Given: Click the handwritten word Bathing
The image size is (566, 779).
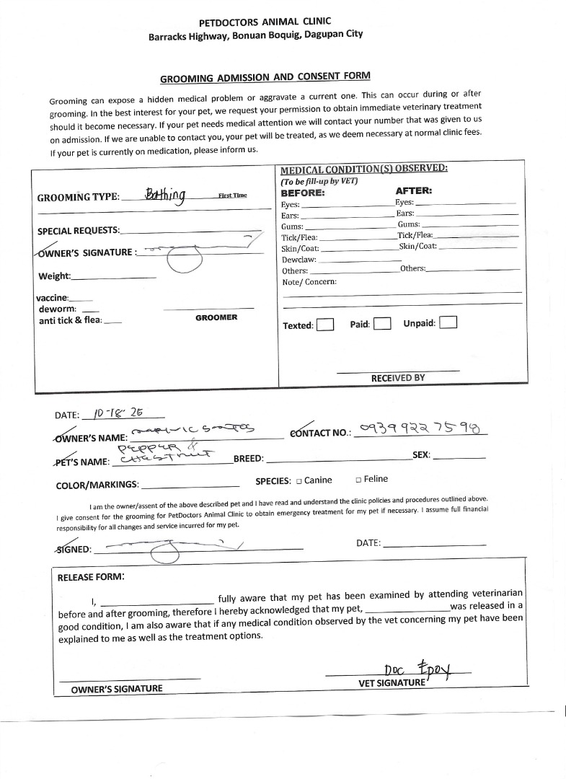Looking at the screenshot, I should pos(166,195).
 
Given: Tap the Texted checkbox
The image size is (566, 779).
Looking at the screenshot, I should pos(325,325).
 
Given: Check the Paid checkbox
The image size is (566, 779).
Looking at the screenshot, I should pos(382,324).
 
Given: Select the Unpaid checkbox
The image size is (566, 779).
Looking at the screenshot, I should pos(448,322).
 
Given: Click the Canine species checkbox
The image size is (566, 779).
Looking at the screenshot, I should pos(299,480).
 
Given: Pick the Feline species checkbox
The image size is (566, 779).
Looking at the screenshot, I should pos(358,480).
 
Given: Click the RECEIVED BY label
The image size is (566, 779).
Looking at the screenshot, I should pos(398,378).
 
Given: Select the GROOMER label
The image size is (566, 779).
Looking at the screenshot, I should pos(216,317).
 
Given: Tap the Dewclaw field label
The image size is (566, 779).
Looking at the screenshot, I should pos(299,259).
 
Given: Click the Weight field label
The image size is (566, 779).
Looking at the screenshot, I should pos(54,276).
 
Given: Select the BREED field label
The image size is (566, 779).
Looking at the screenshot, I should pos(249,458).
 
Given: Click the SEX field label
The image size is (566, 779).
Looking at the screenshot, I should pos(422,455).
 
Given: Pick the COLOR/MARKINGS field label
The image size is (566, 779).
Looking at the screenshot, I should pos(97,485).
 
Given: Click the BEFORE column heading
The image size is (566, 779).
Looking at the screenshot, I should pos(303,193).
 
